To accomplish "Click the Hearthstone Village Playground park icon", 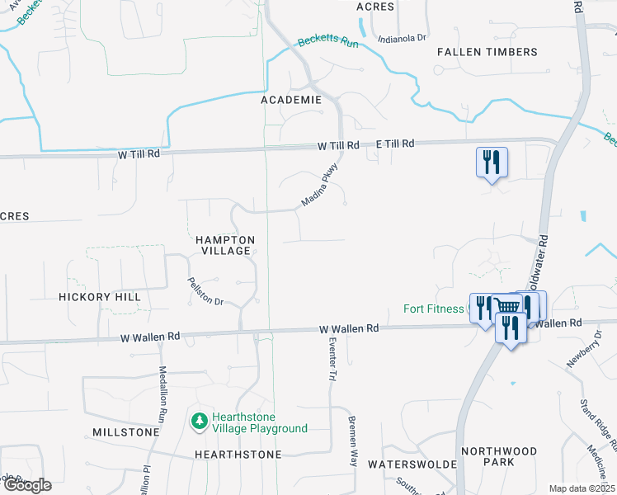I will pyautogui.click(x=199, y=422).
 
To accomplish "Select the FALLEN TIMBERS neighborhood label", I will pyautogui.click(x=487, y=52).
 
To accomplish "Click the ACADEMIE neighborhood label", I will pyautogui.click(x=290, y=100).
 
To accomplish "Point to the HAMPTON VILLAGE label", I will pyautogui.click(x=225, y=245).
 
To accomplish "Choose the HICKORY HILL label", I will pyautogui.click(x=99, y=296).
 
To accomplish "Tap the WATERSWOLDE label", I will pyautogui.click(x=412, y=464).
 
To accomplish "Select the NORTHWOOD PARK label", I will pyautogui.click(x=499, y=456).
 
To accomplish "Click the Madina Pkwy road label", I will pyautogui.click(x=319, y=188).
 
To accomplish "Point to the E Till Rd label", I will pyautogui.click(x=393, y=144).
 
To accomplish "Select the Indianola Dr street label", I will pyautogui.click(x=401, y=38).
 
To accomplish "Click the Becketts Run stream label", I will pyautogui.click(x=328, y=41).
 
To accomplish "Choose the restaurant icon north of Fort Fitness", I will pyautogui.click(x=491, y=161).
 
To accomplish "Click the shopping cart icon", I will pyautogui.click(x=507, y=308).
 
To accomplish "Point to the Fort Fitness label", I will pyautogui.click(x=434, y=309).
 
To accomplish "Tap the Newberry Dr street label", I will pyautogui.click(x=584, y=354).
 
